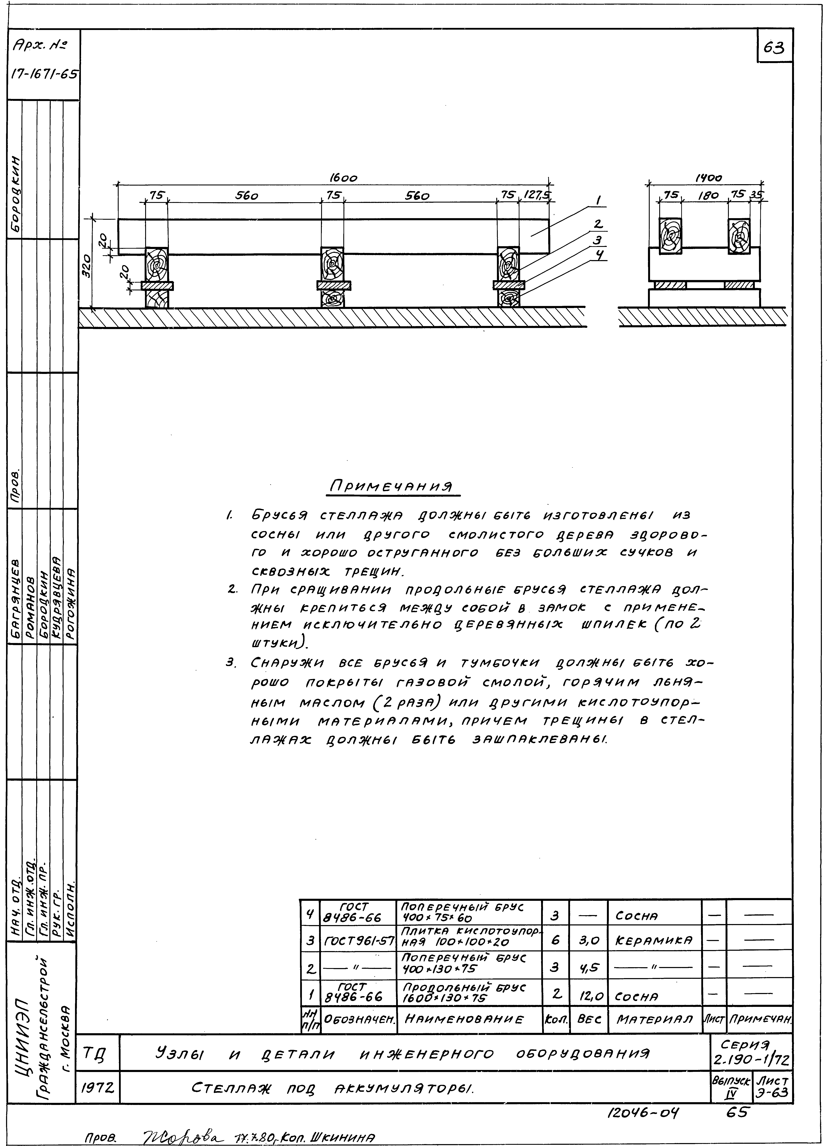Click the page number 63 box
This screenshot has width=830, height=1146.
click(774, 46)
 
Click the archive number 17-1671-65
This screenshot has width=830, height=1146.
click(44, 74)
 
